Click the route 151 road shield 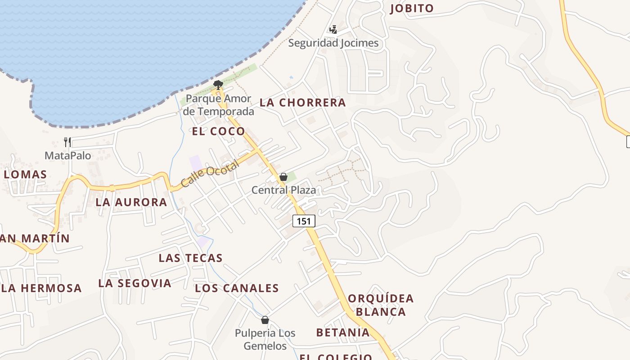click(x=304, y=221)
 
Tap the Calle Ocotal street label click(x=210, y=174)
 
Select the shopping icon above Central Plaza click(x=283, y=177)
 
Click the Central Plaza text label click(x=283, y=190)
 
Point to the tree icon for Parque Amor click(x=218, y=85)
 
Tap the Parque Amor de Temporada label click(x=219, y=105)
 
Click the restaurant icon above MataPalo click(x=67, y=142)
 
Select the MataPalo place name click(x=67, y=156)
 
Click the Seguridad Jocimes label click(x=333, y=43)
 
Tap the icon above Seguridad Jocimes click(x=333, y=30)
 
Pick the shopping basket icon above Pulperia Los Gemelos click(x=265, y=320)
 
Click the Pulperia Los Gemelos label click(x=265, y=339)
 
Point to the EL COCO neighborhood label click(x=219, y=131)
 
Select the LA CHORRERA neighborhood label click(x=303, y=103)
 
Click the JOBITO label click(x=412, y=8)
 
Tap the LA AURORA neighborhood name click(x=131, y=202)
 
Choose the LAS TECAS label click(x=191, y=258)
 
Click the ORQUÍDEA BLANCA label click(x=381, y=305)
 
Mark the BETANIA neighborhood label click(x=343, y=333)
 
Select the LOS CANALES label click(x=237, y=288)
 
